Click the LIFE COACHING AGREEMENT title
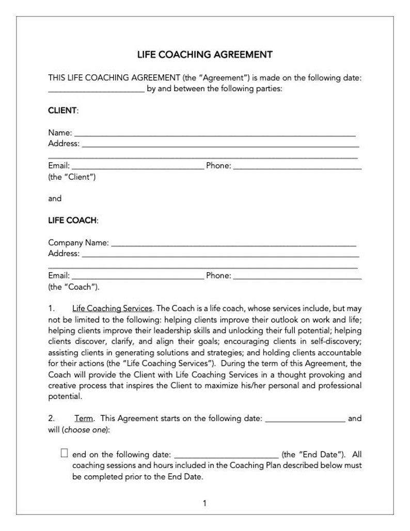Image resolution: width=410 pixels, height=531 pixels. pyautogui.click(x=204, y=54)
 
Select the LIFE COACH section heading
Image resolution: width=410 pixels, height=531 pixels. pyautogui.click(x=72, y=221)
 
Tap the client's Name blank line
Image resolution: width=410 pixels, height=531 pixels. pyautogui.click(x=215, y=134)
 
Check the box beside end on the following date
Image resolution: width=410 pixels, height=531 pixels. pyautogui.click(x=65, y=454)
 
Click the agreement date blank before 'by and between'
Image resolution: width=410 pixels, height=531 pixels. pyautogui.click(x=96, y=90)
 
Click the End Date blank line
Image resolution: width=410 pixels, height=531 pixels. pyautogui.click(x=227, y=456)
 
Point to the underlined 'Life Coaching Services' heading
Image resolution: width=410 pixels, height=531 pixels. pyautogui.click(x=112, y=309)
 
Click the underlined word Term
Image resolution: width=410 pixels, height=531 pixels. pyautogui.click(x=84, y=418)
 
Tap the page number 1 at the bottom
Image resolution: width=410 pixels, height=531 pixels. pyautogui.click(x=204, y=503)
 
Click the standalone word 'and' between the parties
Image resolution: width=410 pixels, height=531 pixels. pyautogui.click(x=55, y=199)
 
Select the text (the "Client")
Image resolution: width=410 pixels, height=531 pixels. pyautogui.click(x=72, y=177)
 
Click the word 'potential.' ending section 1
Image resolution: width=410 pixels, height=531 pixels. pyautogui.click(x=65, y=397)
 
